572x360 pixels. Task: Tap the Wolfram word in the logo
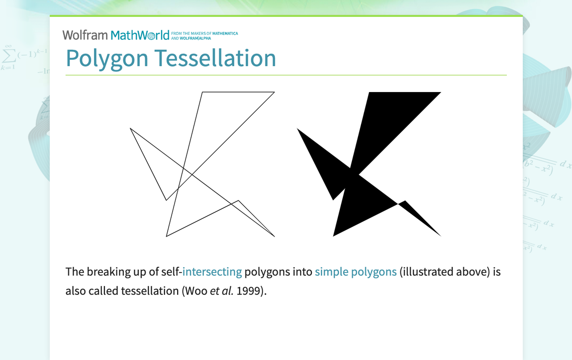[x=85, y=35]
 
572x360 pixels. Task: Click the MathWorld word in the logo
[x=140, y=35]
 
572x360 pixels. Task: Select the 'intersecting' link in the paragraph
[x=212, y=272]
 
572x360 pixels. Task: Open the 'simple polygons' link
[x=356, y=272]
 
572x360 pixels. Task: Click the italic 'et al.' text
[x=221, y=291]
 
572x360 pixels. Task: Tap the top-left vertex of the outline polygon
[x=202, y=92]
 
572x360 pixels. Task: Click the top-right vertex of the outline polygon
[x=275, y=92]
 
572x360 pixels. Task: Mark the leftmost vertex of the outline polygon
[x=130, y=128]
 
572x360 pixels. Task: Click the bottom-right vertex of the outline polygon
[x=275, y=236]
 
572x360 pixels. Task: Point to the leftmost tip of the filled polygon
[x=297, y=129]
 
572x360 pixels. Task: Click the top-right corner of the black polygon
[x=441, y=92]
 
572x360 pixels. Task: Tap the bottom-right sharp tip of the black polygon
[x=440, y=236]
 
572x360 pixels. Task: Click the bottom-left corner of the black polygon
[x=333, y=236]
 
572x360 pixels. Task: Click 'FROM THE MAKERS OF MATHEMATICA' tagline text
[x=204, y=33]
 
